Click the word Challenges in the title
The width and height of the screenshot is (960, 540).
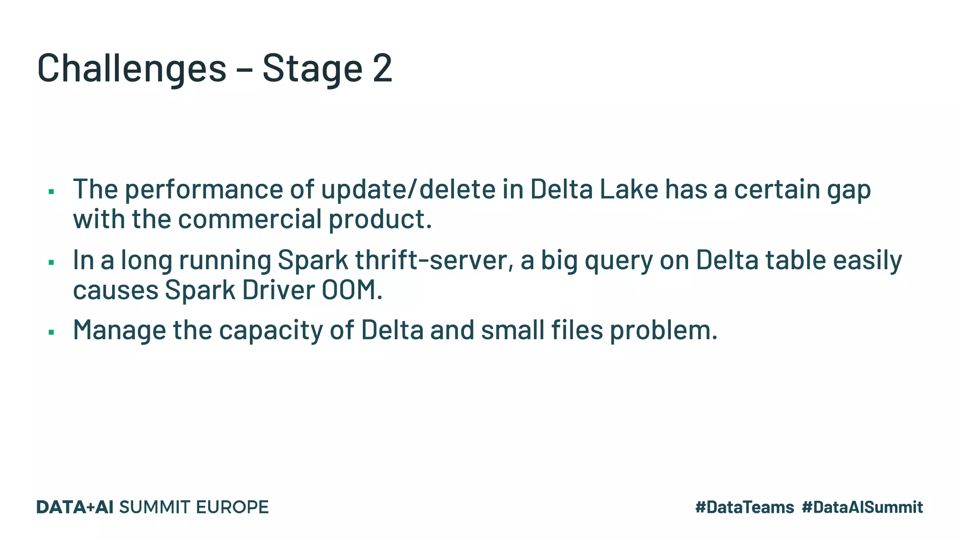[132, 68]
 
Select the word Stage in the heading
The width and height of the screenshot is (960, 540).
[312, 68]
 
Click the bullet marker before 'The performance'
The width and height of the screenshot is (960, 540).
[52, 191]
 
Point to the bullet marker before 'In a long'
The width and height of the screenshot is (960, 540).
[52, 262]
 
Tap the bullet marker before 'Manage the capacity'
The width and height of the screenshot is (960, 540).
[52, 332]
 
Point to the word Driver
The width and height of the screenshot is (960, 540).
[278, 290]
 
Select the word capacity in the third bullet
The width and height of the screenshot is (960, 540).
[271, 330]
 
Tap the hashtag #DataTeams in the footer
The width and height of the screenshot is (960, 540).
[744, 507]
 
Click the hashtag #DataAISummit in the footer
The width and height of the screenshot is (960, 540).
[862, 507]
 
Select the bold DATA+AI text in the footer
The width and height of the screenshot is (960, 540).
[75, 507]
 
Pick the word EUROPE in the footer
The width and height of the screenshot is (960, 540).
[232, 507]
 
